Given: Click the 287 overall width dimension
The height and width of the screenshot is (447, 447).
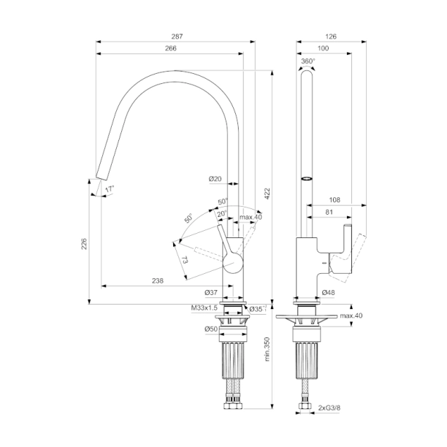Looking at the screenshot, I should (x=176, y=36).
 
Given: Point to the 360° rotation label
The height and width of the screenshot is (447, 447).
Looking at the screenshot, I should (x=307, y=61).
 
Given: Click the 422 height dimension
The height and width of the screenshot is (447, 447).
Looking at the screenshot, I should (x=267, y=192).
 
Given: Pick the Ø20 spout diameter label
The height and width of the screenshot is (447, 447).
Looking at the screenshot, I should (x=215, y=179).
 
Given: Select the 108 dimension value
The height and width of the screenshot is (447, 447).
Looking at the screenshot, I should (x=335, y=199).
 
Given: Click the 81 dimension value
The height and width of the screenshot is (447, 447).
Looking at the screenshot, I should (x=329, y=213).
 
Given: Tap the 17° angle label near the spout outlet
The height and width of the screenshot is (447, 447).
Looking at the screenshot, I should (x=109, y=189).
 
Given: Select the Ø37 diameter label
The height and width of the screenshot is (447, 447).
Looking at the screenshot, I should (x=212, y=293).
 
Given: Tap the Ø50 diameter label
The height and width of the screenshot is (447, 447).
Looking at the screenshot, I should (x=212, y=329).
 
